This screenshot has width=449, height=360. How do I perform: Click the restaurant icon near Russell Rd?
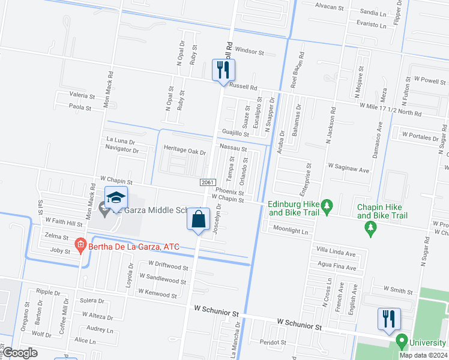click(223, 70)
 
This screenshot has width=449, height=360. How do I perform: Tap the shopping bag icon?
click(198, 219)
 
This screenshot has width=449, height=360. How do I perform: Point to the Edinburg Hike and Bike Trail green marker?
click(327, 208)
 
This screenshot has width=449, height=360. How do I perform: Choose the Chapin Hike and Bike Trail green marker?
click(370, 227)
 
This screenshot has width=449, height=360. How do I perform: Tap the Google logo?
click(19, 353)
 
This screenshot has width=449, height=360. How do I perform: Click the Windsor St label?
click(249, 52)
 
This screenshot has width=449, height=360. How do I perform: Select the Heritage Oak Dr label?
click(184, 152)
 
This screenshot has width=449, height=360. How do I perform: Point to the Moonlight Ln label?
click(290, 230)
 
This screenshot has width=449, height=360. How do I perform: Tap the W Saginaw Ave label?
click(348, 170)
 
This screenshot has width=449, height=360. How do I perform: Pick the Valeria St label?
click(82, 95)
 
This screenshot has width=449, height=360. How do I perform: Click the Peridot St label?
click(272, 342)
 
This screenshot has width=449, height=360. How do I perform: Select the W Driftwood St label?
click(163, 266)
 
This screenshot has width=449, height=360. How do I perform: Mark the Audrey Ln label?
click(100, 329)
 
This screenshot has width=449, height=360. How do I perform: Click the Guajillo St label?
click(235, 134)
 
